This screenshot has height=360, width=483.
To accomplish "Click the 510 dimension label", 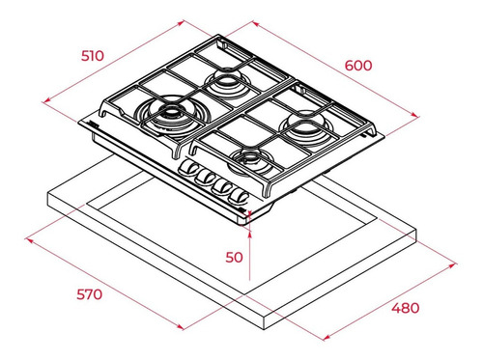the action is point(93,56).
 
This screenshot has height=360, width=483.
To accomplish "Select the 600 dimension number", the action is point(358,66).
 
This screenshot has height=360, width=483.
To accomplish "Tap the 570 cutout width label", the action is point(89,294).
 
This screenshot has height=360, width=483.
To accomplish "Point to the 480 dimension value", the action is point(406,308).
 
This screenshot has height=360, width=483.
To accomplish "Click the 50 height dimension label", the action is point(234,258).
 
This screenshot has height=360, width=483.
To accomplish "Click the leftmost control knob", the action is point(187,168).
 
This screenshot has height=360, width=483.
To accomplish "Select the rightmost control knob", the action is point(238,197).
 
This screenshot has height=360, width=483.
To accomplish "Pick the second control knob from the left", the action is point(205,178).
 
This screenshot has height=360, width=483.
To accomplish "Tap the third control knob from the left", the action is point(221,186).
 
